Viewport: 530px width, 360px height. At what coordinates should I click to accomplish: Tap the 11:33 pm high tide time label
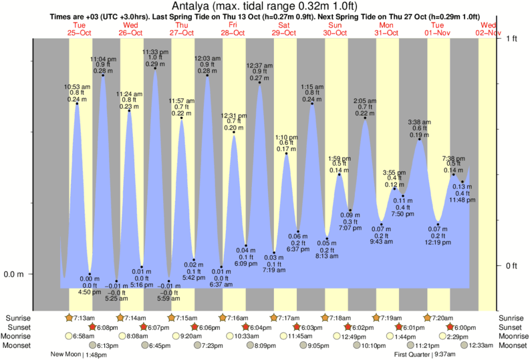155,51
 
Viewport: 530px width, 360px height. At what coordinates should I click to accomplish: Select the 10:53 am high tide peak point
78,104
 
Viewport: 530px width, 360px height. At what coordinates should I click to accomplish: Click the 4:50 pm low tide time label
90,292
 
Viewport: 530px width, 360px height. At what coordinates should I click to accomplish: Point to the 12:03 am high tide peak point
207,75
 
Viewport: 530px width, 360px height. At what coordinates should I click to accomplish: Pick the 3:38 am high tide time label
420,122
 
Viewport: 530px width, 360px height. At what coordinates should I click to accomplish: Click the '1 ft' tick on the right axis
511,39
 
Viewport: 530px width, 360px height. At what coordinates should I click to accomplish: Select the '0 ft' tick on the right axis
511,266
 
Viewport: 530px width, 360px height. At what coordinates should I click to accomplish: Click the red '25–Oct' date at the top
79,33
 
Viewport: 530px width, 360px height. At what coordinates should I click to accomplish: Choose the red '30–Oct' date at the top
334,33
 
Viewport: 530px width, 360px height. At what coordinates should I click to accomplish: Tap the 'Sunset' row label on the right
512,327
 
